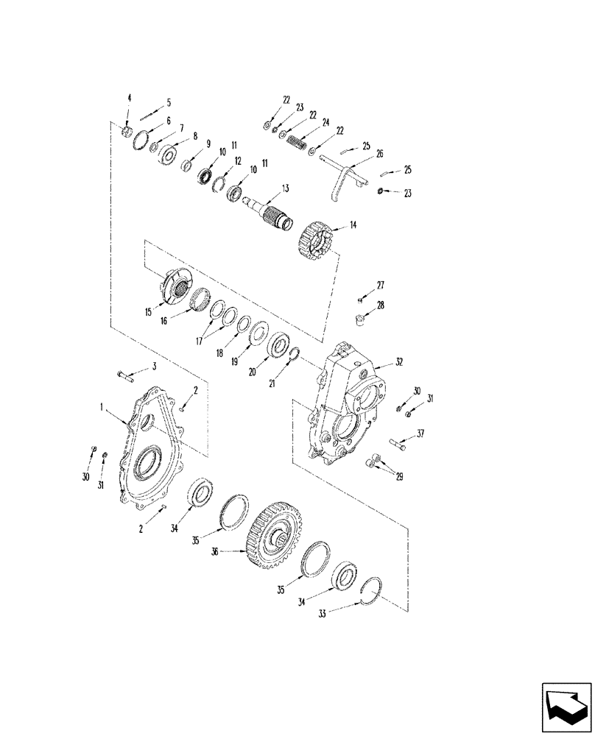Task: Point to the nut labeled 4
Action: point(127,131)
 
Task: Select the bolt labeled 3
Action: point(124,377)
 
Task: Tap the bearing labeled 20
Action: point(278,345)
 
